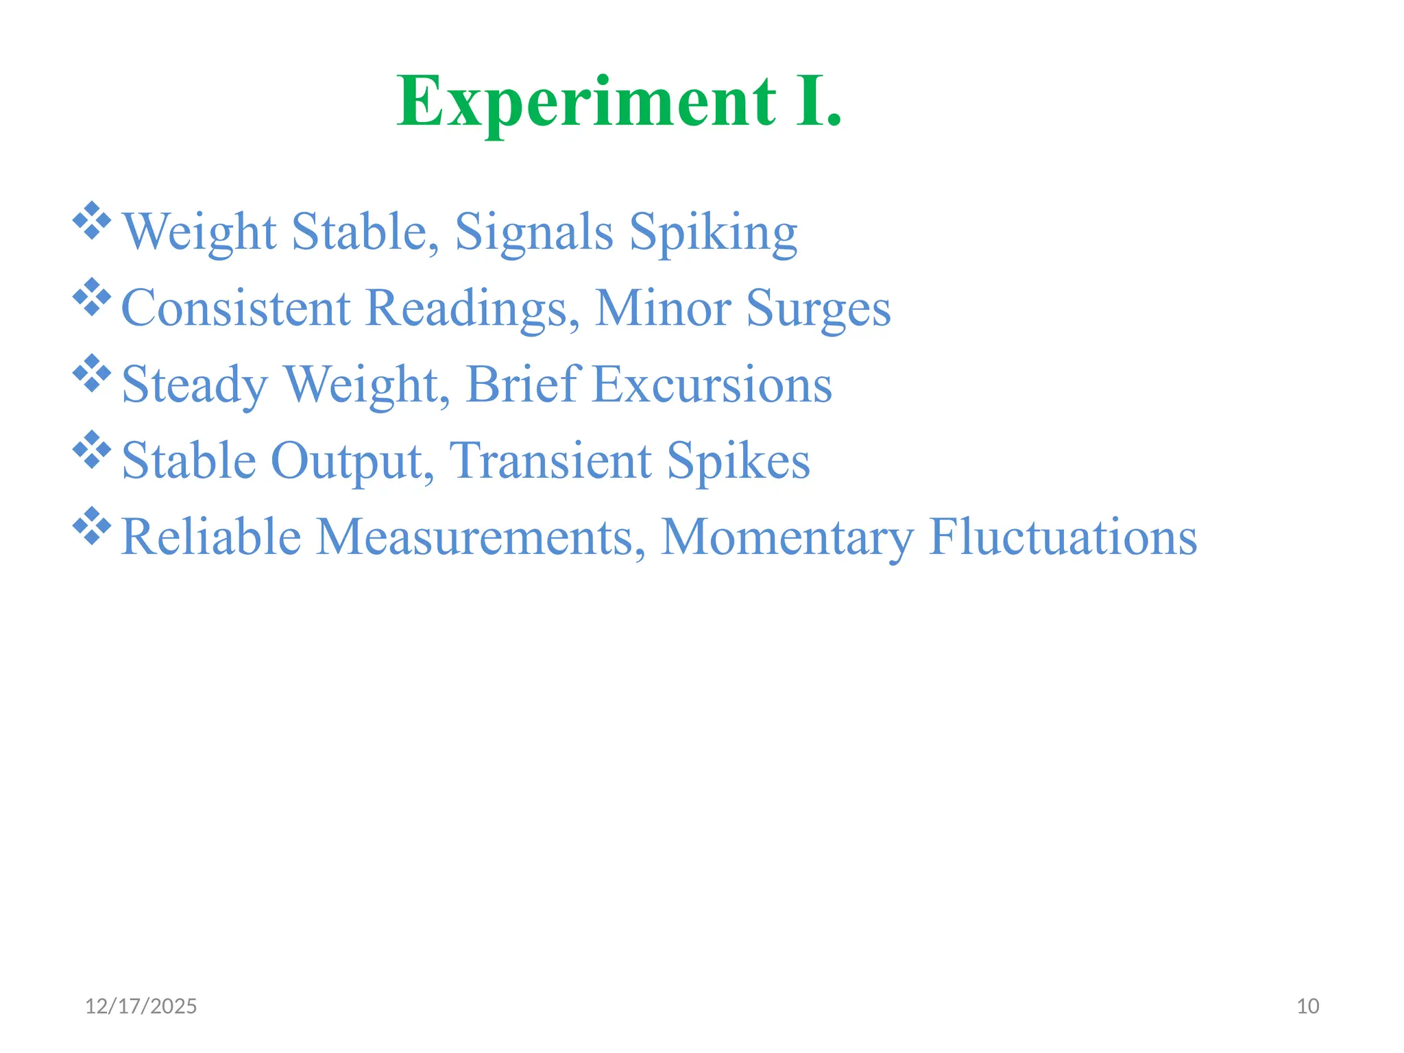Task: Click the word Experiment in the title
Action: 587,103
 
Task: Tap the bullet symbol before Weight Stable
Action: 92,221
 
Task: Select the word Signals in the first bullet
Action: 534,232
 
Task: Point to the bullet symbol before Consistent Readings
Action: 92,297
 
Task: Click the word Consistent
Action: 236,308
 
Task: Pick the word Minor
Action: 662,308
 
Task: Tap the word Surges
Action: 819,309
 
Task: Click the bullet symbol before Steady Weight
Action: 92,373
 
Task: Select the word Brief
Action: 524,384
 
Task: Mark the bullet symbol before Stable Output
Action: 92,449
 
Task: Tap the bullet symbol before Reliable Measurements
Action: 92,525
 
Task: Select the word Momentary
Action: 787,537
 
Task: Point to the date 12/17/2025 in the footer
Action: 141,1006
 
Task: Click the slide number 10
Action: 1308,1006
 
